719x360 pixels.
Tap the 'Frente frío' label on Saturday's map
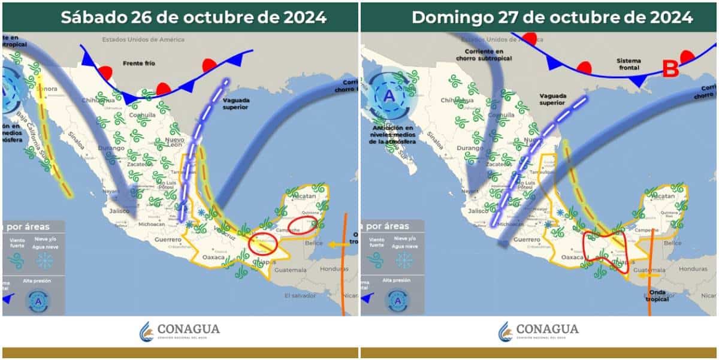pos(140,62)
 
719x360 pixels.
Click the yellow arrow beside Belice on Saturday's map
pos(337,244)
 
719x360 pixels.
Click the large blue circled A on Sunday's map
pos(389,96)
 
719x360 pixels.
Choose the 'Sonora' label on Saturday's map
pos(47,89)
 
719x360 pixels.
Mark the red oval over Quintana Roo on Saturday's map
pos(302,225)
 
